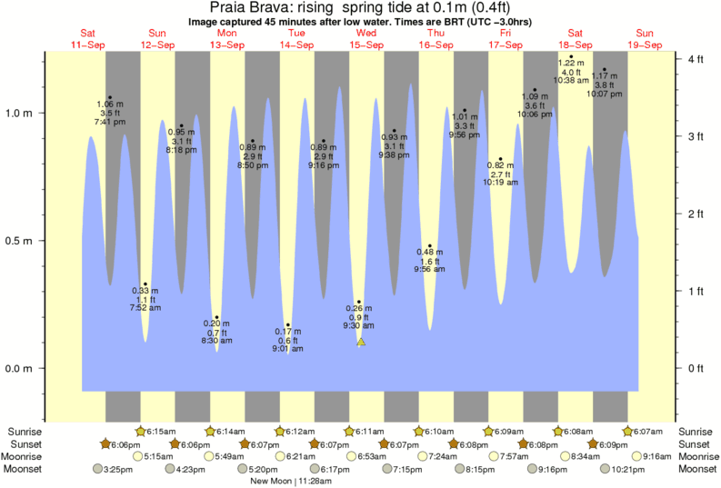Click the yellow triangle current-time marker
click(361, 342)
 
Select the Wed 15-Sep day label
click(366, 38)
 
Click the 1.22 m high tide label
click(571, 64)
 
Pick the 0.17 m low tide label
click(287, 332)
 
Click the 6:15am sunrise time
click(162, 431)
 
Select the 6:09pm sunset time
click(613, 443)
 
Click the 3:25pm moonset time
click(120, 469)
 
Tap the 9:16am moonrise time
click(658, 456)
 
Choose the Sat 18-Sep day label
click(576, 38)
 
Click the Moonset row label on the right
click(697, 469)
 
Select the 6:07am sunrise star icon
click(627, 431)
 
